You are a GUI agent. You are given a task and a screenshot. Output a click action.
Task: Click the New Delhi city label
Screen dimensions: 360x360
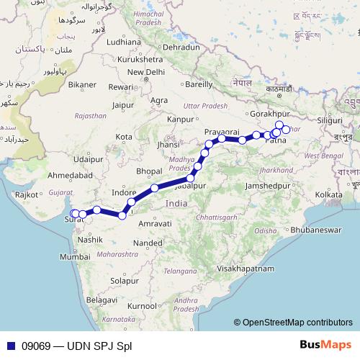click(145, 72)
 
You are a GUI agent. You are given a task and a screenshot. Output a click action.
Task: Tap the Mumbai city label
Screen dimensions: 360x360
click(75, 256)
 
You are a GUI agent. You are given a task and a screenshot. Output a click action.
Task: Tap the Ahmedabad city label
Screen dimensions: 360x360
click(66, 175)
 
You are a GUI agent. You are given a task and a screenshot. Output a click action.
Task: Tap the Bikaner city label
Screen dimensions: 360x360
click(82, 84)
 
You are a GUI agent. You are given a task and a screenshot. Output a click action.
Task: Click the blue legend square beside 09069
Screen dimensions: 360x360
click(9, 346)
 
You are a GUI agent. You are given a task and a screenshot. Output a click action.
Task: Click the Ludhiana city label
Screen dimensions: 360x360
click(124, 42)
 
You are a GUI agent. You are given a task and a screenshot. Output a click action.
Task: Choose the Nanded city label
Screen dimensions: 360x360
click(148, 243)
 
